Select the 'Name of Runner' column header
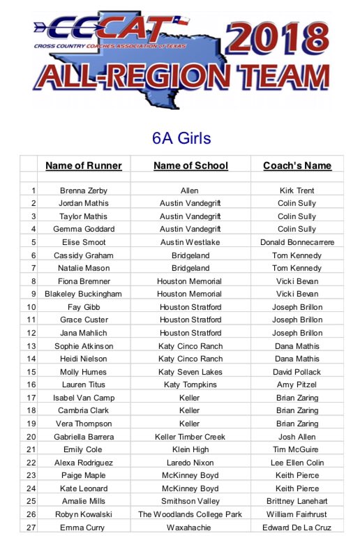click(83, 166)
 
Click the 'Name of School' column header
click(190, 166)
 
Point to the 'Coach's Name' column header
click(297, 166)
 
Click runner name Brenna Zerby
click(83, 190)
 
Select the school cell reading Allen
click(190, 190)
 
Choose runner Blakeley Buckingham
click(83, 294)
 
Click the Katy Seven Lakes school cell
click(190, 372)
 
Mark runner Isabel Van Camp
click(83, 398)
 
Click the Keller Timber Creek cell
click(190, 437)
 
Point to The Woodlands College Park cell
click(190, 514)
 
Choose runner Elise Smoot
click(83, 242)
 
